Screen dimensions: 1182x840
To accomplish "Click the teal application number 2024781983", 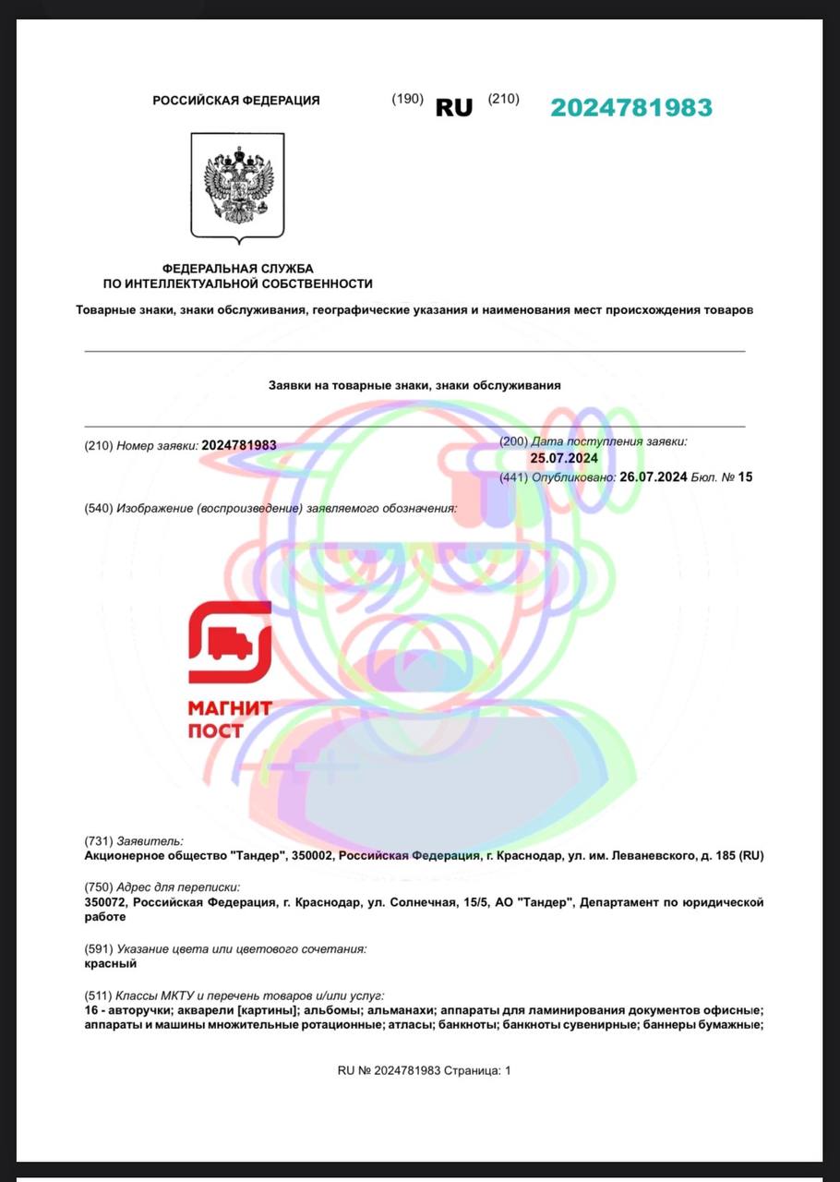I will coord(631,107).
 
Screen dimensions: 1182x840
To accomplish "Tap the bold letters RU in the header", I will coord(453,107).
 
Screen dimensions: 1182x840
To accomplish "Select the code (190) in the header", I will coord(407,99).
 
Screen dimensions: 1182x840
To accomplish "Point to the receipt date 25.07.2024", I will coord(564,458).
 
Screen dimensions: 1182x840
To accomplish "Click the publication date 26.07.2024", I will coord(654,476).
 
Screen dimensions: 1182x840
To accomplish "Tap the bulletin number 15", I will coord(745,476).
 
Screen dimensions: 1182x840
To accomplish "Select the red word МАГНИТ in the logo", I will coord(230,708).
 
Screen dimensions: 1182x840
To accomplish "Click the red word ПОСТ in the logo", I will coord(215,730).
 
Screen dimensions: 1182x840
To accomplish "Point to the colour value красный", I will coord(110,963).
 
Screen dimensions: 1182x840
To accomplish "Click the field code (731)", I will coord(98,840).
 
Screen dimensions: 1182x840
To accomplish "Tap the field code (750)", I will coord(98,886).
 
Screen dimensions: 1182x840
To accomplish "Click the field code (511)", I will coord(98,995).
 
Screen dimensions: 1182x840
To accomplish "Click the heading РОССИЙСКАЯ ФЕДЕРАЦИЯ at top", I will coord(236,101).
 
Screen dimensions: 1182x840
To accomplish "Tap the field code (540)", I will coord(98,508).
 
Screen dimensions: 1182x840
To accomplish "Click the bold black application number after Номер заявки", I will coord(238,445).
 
